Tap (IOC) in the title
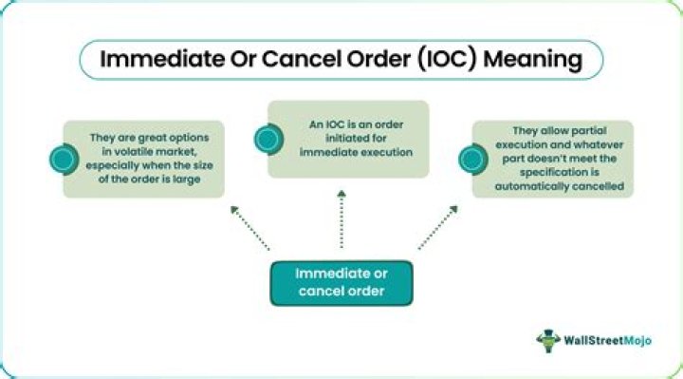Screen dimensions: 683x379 point(447,59)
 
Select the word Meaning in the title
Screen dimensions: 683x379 point(533,60)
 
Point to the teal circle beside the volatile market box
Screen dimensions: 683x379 point(65,160)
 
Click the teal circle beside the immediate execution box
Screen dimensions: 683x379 point(268,139)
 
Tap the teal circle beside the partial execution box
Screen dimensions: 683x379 point(473,160)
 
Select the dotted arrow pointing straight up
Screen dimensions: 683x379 point(341,218)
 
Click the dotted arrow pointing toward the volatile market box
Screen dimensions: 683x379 point(249,228)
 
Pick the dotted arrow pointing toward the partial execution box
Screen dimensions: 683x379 point(438,227)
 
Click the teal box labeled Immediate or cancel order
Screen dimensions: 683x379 point(341,283)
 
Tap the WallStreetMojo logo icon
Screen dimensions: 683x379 point(548,341)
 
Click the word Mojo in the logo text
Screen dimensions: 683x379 point(637,341)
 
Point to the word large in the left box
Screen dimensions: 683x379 point(186,180)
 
